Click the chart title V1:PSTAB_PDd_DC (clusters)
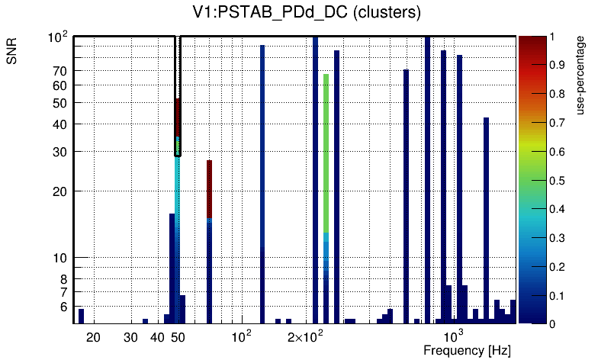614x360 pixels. click(307, 13)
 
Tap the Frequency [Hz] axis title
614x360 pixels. click(467, 350)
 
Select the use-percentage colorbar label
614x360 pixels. click(581, 75)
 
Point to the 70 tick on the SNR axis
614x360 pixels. click(59, 71)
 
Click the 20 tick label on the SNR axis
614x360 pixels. click(59, 191)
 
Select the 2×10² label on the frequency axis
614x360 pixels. click(306, 336)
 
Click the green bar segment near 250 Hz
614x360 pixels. click(326, 153)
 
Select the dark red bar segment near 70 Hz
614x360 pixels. click(209, 187)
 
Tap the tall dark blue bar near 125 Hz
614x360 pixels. click(262, 183)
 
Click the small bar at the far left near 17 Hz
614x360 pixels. click(82, 316)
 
